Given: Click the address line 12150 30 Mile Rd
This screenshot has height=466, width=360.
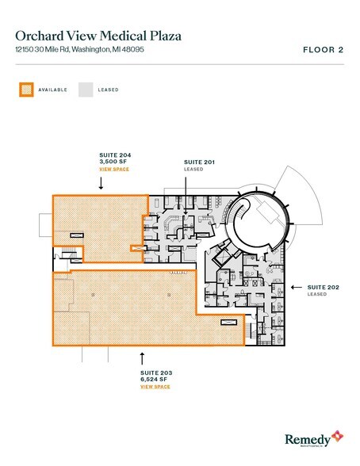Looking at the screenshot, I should click(79, 50).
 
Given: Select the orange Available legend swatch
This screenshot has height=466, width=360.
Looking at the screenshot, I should click(25, 90).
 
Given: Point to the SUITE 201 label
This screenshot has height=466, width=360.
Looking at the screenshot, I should click(199, 161).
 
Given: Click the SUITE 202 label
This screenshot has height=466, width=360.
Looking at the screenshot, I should click(320, 287).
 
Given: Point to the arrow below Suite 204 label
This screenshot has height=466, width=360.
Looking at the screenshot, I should click(101, 182).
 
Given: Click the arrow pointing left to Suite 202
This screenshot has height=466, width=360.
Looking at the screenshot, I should click(294, 287).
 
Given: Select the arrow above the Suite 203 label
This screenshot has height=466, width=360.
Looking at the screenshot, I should click(143, 357).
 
